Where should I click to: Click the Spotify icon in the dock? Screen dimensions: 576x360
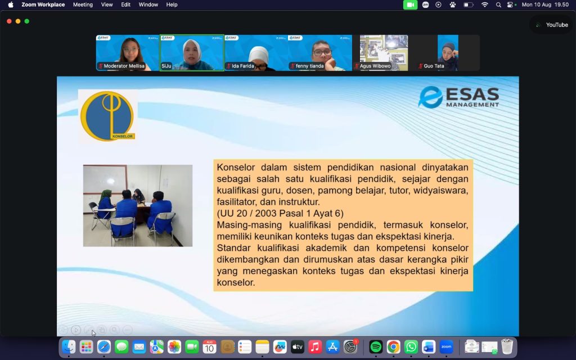(x=375, y=346)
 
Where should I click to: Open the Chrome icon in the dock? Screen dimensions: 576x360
(x=393, y=346)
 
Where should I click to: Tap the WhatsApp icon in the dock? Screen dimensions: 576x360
(x=411, y=346)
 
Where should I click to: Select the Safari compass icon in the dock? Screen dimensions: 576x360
(x=104, y=346)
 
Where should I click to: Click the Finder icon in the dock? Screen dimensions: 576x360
(x=69, y=346)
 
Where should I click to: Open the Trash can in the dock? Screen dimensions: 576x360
(x=507, y=346)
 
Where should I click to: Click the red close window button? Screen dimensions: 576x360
(x=9, y=21)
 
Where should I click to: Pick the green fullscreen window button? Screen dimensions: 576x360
(x=27, y=21)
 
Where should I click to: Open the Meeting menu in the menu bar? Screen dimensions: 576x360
(x=83, y=4)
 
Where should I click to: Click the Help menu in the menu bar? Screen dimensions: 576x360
(x=172, y=4)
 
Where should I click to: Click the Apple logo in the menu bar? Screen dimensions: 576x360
(x=11, y=4)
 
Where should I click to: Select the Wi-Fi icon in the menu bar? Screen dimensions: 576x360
(x=484, y=4)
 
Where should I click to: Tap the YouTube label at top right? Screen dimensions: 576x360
(x=557, y=25)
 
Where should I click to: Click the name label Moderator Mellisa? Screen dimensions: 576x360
(x=124, y=66)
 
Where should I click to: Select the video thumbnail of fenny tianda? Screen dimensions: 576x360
(x=320, y=52)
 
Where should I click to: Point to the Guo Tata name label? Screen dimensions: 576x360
(x=434, y=66)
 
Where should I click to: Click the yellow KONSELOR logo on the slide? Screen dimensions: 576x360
(x=107, y=116)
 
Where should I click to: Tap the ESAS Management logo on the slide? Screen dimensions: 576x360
(x=459, y=97)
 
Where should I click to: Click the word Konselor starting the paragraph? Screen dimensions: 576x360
(x=236, y=168)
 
